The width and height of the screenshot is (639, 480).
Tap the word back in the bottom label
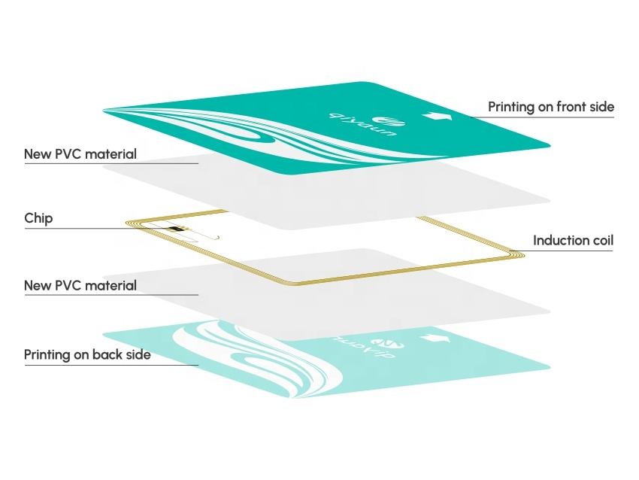pos(109,354)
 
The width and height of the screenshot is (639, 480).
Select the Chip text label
pos(38,219)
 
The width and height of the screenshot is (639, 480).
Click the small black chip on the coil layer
pos(177,229)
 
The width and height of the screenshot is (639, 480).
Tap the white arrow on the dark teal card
pos(435,117)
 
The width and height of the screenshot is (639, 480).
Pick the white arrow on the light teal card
pos(434,339)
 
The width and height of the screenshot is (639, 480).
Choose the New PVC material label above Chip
pos(80,154)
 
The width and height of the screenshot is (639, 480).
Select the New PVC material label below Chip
pos(80,286)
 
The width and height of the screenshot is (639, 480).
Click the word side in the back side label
pos(138,354)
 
